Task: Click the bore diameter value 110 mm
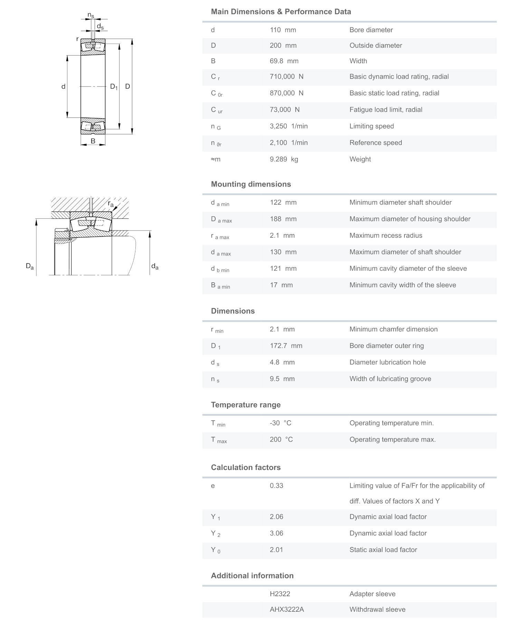click(x=283, y=30)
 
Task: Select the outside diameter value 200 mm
click(x=283, y=46)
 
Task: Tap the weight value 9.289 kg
click(x=284, y=159)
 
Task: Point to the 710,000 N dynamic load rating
click(x=286, y=77)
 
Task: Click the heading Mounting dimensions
click(x=251, y=184)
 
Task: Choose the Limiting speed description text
click(x=371, y=126)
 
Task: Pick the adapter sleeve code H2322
click(x=280, y=594)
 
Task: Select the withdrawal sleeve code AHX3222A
click(x=287, y=610)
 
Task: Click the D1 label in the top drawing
click(x=114, y=87)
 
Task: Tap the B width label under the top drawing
click(x=93, y=141)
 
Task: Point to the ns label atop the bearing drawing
click(x=91, y=15)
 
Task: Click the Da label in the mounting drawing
click(x=30, y=266)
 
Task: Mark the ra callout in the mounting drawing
click(x=111, y=204)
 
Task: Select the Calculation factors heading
click(x=246, y=468)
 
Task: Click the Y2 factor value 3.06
click(x=276, y=533)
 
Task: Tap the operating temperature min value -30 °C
click(x=280, y=423)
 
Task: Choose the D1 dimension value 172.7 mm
click(x=286, y=346)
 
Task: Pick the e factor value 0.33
click(x=276, y=486)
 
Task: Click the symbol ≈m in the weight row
click(x=216, y=159)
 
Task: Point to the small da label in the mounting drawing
click(x=155, y=266)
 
